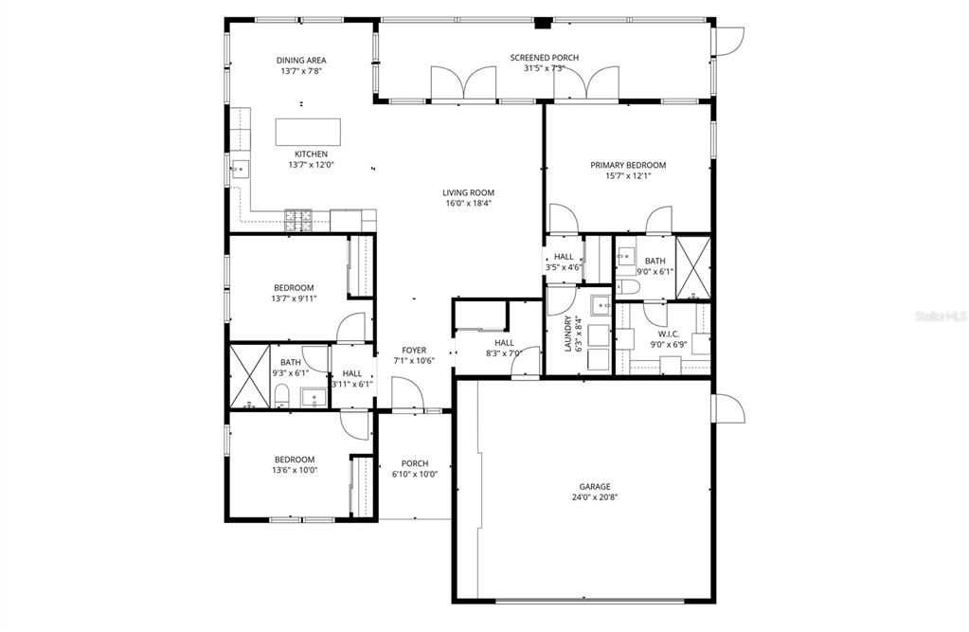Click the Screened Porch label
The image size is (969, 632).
(544, 58)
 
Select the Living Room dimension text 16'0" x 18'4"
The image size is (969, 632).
(468, 203)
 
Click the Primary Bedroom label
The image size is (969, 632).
(628, 165)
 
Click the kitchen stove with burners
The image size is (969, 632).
(300, 220)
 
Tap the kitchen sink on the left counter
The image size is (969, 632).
(238, 171)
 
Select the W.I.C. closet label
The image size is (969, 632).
(669, 334)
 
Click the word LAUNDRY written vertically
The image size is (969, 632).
(569, 334)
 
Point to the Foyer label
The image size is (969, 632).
(413, 350)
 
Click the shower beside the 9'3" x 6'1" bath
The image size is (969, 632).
(248, 376)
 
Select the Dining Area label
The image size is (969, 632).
(301, 61)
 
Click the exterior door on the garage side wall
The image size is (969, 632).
(729, 408)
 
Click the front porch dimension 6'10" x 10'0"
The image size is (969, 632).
(414, 475)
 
